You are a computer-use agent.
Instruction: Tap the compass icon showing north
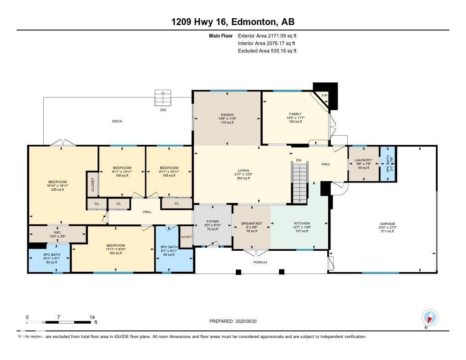click(x=430, y=317)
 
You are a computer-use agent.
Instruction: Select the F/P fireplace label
click(x=324, y=95)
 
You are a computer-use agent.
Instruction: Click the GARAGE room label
click(x=388, y=223)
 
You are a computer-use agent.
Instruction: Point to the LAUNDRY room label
click(x=364, y=160)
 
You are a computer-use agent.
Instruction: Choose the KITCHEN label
click(x=301, y=223)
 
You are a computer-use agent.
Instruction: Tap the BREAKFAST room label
click(x=252, y=223)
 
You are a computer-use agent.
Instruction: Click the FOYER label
click(x=213, y=221)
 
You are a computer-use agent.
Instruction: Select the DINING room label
click(x=227, y=115)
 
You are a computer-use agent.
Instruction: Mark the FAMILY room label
click(x=295, y=114)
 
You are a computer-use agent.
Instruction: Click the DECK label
click(x=117, y=121)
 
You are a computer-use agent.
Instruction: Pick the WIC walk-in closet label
click(x=57, y=232)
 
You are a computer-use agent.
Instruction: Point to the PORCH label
click(x=260, y=262)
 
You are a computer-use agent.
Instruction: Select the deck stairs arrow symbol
click(x=163, y=97)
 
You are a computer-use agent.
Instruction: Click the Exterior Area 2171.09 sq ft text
click(x=267, y=35)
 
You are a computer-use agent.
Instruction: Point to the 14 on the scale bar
click(x=92, y=317)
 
